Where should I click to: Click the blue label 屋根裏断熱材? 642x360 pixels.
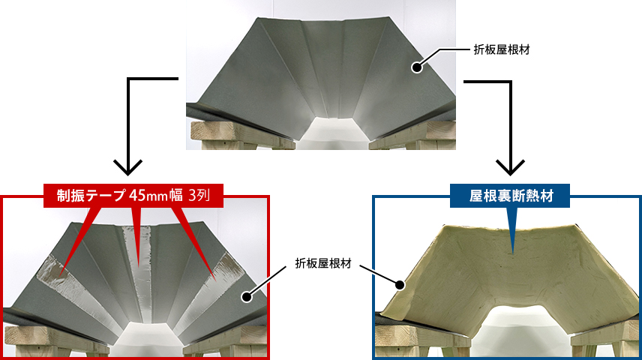tap(511, 196)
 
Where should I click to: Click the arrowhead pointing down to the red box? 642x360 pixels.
tap(129, 164)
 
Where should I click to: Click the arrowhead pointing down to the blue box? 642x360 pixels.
tap(510, 164)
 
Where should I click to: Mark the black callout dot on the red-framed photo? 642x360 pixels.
tap(245, 297)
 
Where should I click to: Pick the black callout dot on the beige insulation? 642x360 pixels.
tap(400, 285)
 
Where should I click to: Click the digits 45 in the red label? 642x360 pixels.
tap(138, 196)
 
